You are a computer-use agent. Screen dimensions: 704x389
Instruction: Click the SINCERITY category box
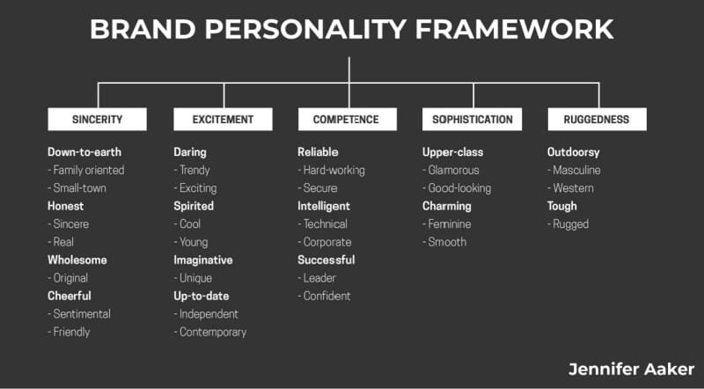point(97,119)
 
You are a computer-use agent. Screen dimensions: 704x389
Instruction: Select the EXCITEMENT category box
point(223,119)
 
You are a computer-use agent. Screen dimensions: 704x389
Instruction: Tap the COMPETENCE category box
point(347,119)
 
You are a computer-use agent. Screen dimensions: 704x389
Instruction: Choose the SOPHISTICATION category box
point(472,119)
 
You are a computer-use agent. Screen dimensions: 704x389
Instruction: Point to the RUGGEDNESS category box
point(598,119)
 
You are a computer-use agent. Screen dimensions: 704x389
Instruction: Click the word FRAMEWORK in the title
point(514,29)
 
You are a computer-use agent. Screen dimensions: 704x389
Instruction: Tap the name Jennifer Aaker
point(631,370)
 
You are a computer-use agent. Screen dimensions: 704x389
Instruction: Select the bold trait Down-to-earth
point(84,152)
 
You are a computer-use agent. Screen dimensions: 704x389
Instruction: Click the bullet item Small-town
point(77,187)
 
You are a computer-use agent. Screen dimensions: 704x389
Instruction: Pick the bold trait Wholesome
point(77,260)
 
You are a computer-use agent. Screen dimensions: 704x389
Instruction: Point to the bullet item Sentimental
point(79,313)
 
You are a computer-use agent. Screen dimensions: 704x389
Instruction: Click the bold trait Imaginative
point(203,260)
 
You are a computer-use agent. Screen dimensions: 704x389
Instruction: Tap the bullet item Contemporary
point(210,332)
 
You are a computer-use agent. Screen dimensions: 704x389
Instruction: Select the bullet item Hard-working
point(332,170)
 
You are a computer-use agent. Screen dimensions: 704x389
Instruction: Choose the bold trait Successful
point(326,260)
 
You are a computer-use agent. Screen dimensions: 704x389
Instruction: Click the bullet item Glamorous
point(451,170)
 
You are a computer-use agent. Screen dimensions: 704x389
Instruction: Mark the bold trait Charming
point(447,206)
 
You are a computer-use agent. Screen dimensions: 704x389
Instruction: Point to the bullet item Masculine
point(574,170)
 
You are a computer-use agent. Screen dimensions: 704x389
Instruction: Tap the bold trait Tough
point(561,206)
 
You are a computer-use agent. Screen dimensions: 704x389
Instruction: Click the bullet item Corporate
point(325,242)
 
